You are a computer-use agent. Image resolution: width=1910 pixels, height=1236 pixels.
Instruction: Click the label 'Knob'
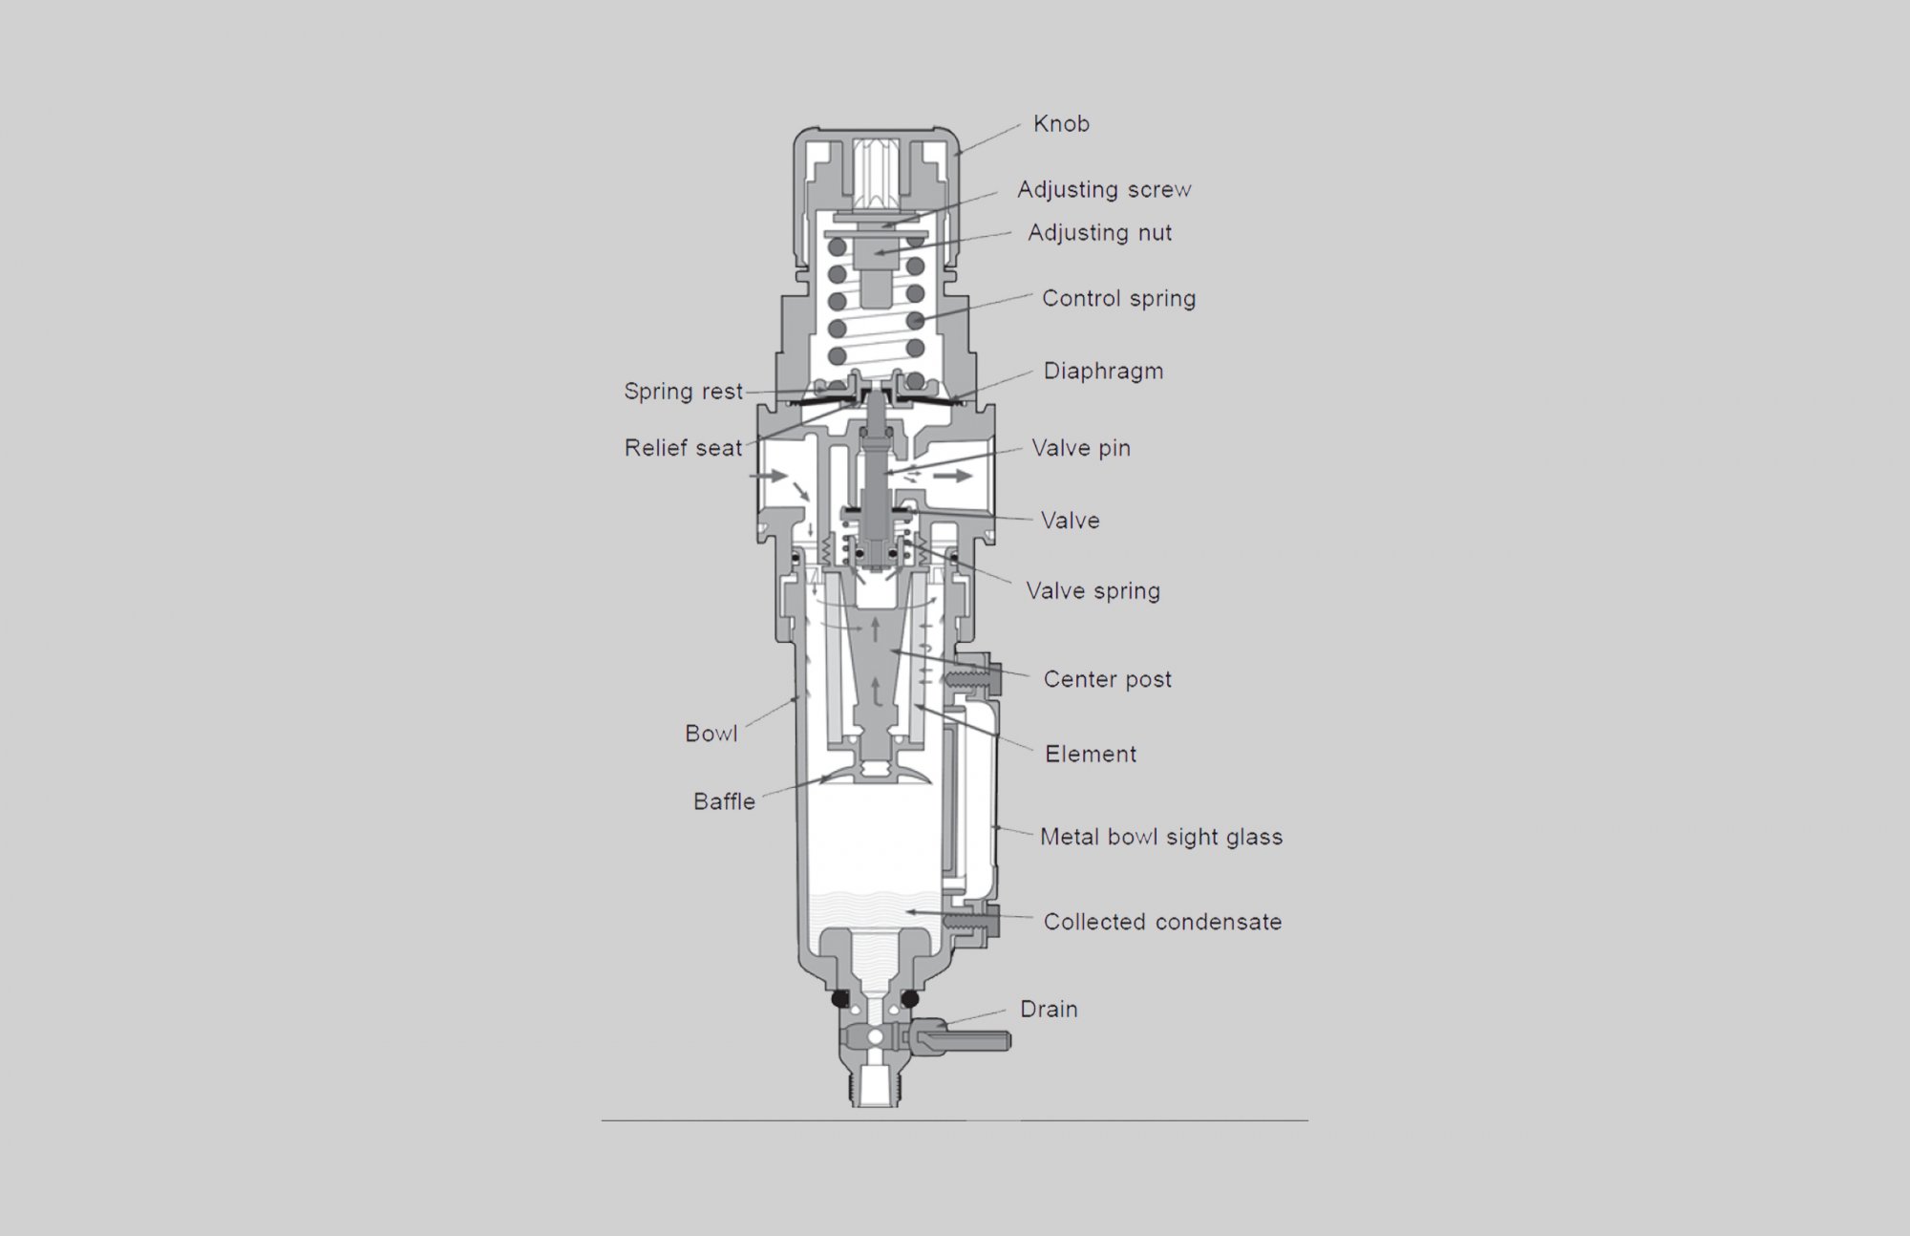click(x=1061, y=124)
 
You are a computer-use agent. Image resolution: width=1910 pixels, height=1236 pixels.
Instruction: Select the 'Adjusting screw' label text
click(x=1103, y=190)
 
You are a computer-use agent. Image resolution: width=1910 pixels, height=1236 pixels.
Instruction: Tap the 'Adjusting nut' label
click(x=1099, y=233)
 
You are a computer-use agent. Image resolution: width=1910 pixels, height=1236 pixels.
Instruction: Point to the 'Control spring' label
click(x=1118, y=299)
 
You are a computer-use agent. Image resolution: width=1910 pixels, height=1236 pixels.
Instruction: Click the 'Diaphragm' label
click(x=1103, y=372)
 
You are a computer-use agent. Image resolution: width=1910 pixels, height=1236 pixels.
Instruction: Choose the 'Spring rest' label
click(x=683, y=392)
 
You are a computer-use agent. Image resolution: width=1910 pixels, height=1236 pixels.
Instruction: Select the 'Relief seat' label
click(x=683, y=448)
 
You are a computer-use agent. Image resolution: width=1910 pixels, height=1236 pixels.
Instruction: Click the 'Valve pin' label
click(x=1081, y=448)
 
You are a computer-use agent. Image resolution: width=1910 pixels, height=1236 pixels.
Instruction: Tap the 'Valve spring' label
click(x=1093, y=591)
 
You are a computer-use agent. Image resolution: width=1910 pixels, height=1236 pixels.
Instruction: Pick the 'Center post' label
click(x=1107, y=680)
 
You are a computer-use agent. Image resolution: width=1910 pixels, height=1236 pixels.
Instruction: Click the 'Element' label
click(x=1091, y=755)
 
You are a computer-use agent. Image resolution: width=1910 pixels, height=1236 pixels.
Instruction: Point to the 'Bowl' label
click(x=711, y=734)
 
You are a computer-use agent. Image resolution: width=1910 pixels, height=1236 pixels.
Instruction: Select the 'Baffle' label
click(x=724, y=802)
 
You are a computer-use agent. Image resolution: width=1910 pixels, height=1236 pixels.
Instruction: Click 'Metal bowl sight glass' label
click(x=1161, y=838)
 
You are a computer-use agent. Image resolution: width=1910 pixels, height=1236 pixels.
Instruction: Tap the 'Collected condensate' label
click(x=1162, y=923)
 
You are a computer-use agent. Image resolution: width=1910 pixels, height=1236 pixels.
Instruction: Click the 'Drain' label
click(x=1049, y=1010)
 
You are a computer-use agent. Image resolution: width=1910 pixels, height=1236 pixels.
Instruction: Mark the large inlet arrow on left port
click(x=768, y=475)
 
